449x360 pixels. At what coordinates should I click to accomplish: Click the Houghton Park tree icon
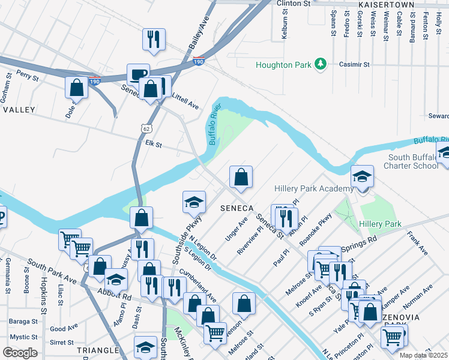[x=321, y=64]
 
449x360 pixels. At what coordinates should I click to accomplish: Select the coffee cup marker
[x=138, y=74]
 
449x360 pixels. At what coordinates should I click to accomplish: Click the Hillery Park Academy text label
[x=313, y=188]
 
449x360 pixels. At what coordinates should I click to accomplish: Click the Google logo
[x=20, y=353]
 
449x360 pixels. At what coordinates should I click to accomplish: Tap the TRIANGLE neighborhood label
[x=98, y=350]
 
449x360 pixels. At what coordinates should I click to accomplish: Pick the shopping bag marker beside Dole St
[x=77, y=88]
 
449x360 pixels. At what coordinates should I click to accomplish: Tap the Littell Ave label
[x=185, y=104]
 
